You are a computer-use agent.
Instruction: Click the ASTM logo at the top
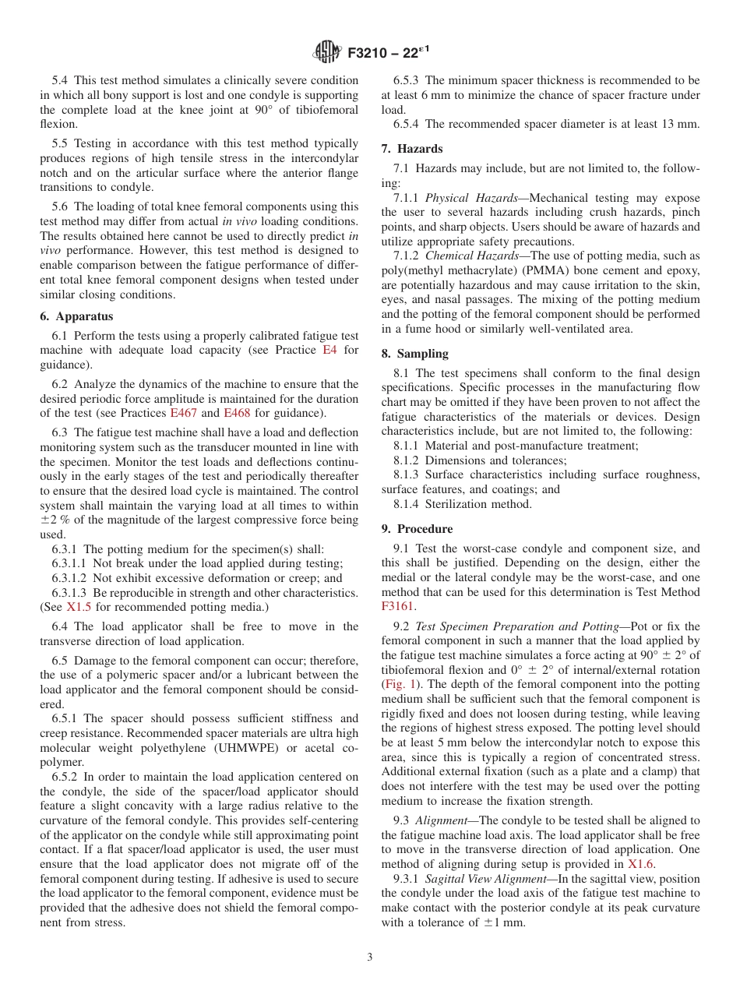326,52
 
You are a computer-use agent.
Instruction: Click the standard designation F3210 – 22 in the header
386,53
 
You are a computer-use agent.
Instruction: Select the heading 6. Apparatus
76,316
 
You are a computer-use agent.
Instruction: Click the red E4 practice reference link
329,350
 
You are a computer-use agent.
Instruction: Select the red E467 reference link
184,413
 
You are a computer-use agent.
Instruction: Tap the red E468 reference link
237,413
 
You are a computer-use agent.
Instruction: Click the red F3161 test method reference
399,605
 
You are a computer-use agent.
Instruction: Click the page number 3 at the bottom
370,957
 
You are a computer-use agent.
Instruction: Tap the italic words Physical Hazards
470,198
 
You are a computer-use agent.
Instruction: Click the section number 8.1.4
407,504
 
